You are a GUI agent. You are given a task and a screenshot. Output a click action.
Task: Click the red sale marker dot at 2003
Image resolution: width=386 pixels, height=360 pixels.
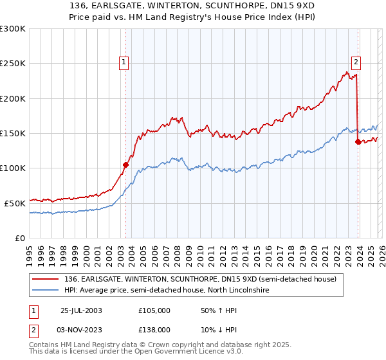[x=125, y=165]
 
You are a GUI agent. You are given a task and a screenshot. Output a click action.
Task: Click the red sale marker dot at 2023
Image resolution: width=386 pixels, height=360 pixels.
[x=358, y=142]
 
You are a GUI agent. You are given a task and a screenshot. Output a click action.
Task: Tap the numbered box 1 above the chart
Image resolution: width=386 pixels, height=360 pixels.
[x=124, y=62]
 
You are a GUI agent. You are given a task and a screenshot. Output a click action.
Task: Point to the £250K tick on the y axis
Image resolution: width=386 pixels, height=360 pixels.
[x=13, y=64]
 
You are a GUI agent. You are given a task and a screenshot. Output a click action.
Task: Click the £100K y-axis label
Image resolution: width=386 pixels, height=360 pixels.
[x=13, y=168]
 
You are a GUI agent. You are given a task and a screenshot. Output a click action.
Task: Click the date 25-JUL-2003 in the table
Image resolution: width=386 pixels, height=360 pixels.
[x=81, y=310]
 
